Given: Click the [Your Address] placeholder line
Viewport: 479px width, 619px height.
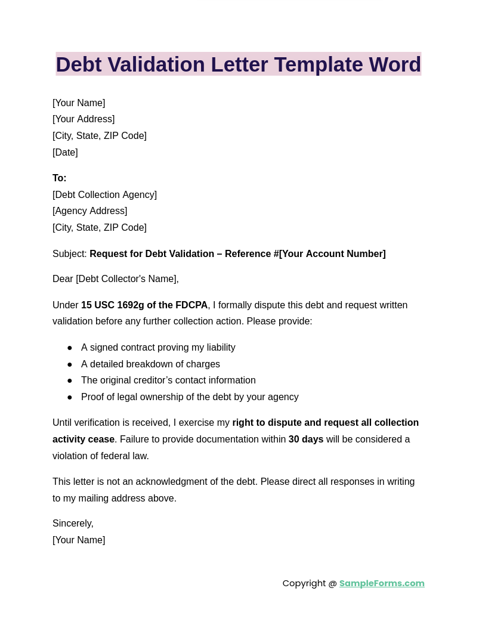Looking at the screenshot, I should point(84,119).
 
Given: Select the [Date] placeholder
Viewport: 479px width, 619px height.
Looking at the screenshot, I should point(65,153).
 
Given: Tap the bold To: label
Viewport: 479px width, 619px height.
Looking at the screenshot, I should point(60,178).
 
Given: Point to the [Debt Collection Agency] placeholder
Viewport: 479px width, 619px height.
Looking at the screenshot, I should point(104,195).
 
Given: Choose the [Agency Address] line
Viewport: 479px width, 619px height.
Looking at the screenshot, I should point(89,211).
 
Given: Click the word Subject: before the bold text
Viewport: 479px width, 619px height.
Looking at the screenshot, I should point(70,254).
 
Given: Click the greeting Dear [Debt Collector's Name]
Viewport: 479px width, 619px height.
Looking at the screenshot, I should point(115,279).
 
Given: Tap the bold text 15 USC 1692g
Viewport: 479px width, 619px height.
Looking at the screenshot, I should point(113,305).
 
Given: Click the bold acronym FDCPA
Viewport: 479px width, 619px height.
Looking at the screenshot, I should point(191,305).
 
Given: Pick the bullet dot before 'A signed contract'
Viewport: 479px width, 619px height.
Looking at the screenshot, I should point(70,348).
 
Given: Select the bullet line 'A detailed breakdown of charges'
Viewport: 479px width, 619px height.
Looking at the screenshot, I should point(150,364).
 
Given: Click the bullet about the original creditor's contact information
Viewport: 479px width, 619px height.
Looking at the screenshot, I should point(168,380).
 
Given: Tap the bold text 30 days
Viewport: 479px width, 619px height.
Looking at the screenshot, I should point(306,440).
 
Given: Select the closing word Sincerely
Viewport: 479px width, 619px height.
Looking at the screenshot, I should point(73,524).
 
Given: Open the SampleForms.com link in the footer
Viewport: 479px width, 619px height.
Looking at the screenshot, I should point(382,583).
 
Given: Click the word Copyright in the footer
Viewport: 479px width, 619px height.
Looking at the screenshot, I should point(304,583).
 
